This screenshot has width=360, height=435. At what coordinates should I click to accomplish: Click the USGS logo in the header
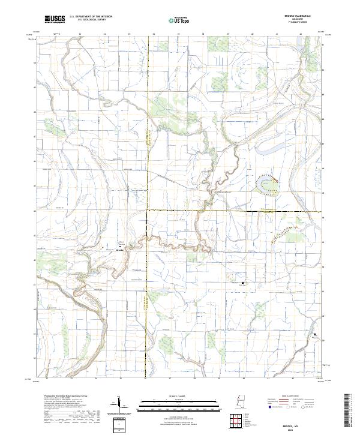point(56,19)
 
